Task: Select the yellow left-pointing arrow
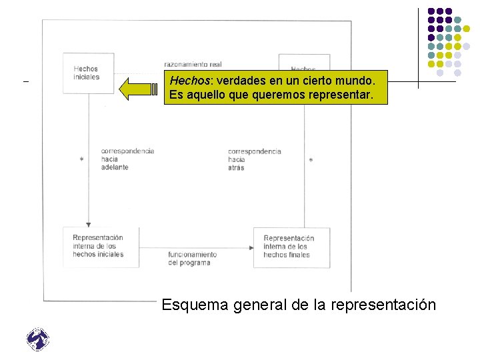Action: click(x=138, y=87)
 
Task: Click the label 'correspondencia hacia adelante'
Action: click(x=127, y=159)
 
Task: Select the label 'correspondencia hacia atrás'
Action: click(x=254, y=159)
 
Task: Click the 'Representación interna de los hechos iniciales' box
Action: click(x=101, y=247)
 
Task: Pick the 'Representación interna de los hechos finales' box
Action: click(x=291, y=247)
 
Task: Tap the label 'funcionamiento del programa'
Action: click(x=192, y=258)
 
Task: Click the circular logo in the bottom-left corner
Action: click(x=38, y=339)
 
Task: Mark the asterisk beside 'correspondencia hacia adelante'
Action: click(x=81, y=160)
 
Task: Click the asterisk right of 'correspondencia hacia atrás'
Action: click(x=311, y=161)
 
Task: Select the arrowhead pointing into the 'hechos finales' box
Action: click(x=251, y=248)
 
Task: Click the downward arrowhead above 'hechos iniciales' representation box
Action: click(x=88, y=224)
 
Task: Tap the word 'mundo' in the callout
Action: click(x=358, y=80)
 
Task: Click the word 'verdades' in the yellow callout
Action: click(x=238, y=80)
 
